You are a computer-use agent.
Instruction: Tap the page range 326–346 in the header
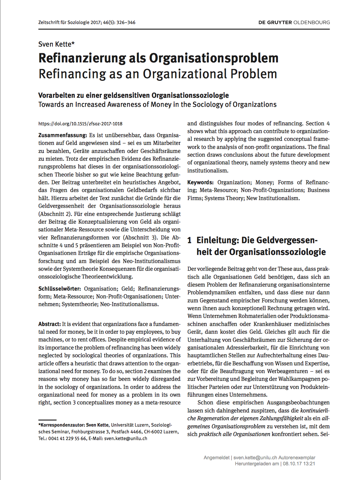[x=126, y=23]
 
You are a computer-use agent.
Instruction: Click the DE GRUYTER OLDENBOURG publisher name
[x=294, y=23]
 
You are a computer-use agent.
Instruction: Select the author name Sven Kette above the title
[x=56, y=44]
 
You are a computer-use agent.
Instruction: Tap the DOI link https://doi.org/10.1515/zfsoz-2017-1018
[x=80, y=124]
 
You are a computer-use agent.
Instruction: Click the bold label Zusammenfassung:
[x=63, y=135]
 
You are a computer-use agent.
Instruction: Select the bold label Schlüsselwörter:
[x=60, y=288]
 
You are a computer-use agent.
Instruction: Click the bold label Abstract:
[x=49, y=324]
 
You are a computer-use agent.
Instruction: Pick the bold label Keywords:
[x=200, y=182]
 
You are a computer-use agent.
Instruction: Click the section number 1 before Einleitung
[x=189, y=240]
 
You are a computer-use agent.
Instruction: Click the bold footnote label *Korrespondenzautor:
[x=62, y=425]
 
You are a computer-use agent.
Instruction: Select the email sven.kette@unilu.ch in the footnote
[x=125, y=438]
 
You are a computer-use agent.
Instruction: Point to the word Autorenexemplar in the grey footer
[x=297, y=457]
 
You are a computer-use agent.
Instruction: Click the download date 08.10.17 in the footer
[x=292, y=464]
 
